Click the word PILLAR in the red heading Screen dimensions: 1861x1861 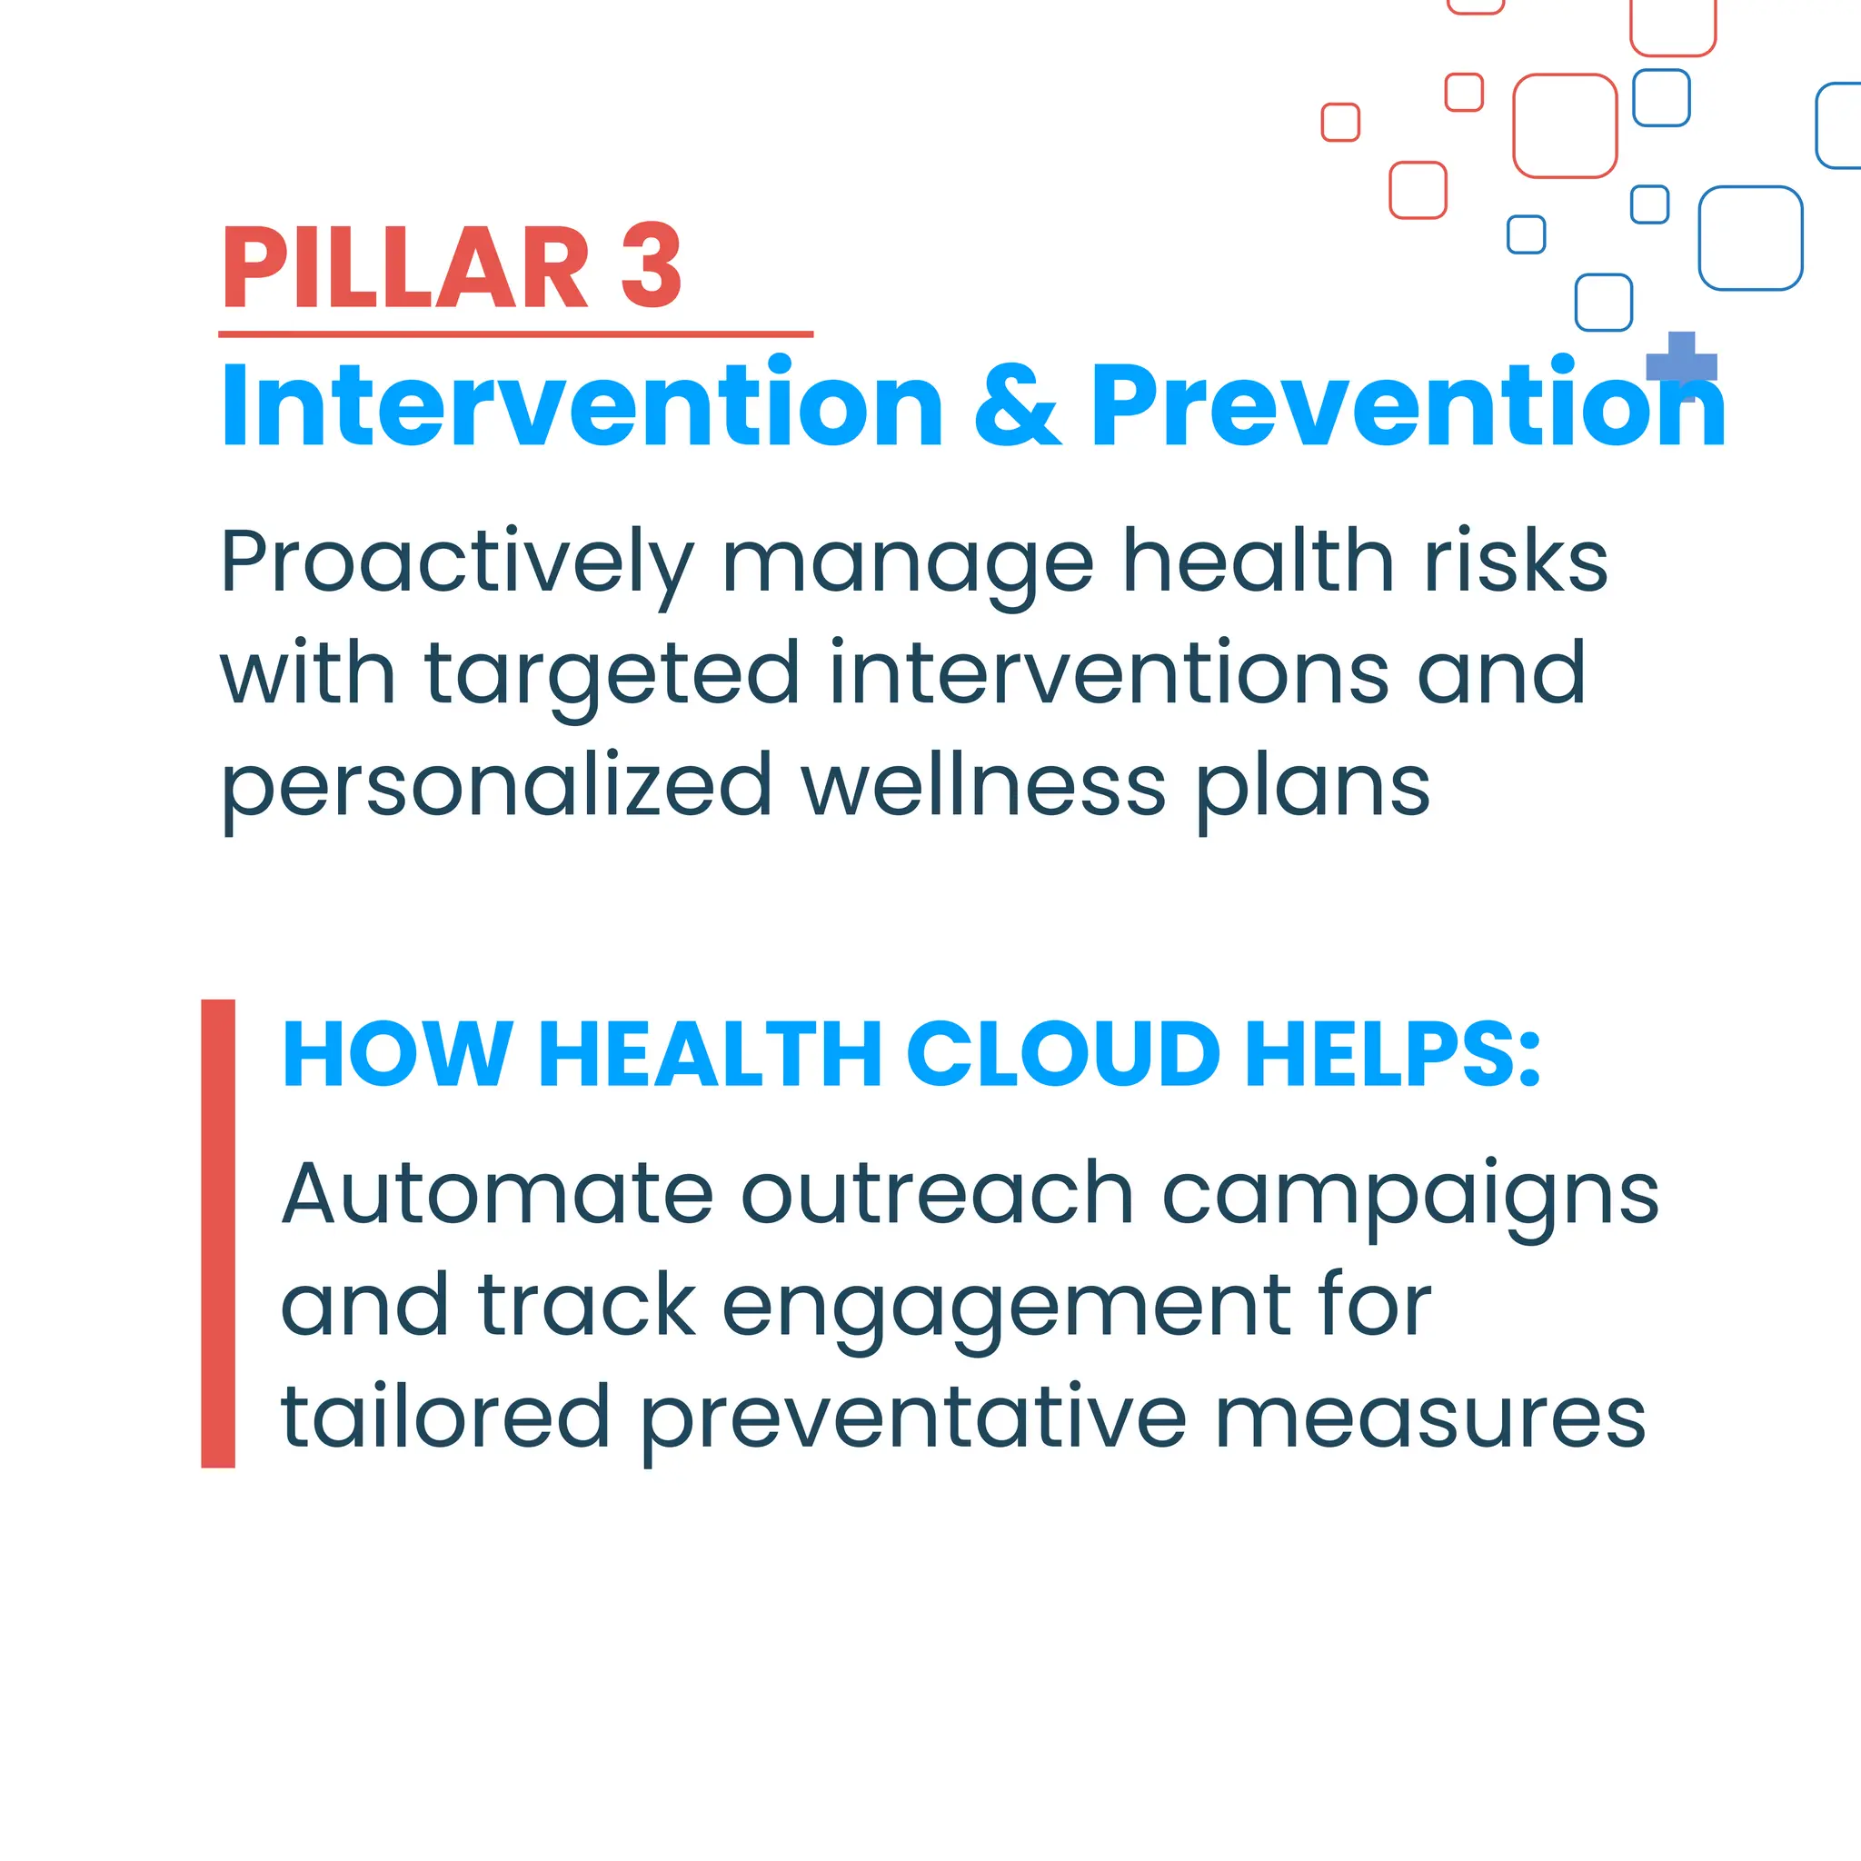(x=404, y=267)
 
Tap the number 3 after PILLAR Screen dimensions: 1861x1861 (x=652, y=267)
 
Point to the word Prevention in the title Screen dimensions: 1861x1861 (x=1407, y=405)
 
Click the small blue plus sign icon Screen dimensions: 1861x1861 (x=1682, y=366)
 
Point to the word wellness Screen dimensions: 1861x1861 (x=983, y=786)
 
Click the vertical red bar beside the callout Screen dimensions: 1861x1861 (x=218, y=1233)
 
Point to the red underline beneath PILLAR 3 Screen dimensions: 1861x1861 (x=515, y=334)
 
